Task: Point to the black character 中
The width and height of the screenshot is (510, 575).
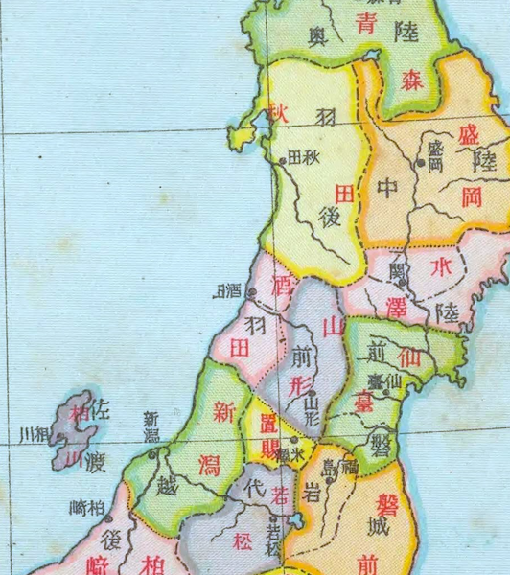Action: pyautogui.click(x=387, y=186)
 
